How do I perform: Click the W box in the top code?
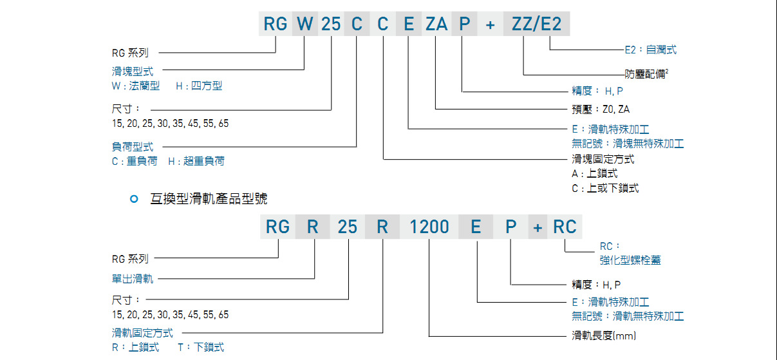click(x=305, y=24)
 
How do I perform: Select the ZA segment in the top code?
click(x=436, y=24)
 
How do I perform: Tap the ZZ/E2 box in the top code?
click(x=536, y=24)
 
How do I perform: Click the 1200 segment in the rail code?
click(x=429, y=227)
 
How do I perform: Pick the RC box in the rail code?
click(x=564, y=227)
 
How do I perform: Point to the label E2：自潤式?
click(x=650, y=50)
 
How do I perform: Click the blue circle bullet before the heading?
click(x=134, y=200)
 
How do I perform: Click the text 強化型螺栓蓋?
click(x=630, y=260)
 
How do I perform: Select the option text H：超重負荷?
click(x=196, y=162)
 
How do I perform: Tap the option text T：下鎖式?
click(x=201, y=347)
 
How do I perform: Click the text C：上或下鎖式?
click(x=605, y=188)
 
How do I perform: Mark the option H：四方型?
click(x=198, y=86)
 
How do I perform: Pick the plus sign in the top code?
click(x=491, y=24)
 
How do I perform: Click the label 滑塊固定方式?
click(x=603, y=159)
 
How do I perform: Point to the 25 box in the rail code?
click(x=348, y=227)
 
